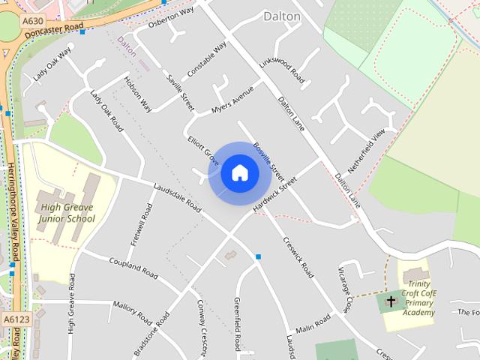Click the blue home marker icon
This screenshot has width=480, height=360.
[240, 173]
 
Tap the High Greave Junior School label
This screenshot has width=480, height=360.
[68, 213]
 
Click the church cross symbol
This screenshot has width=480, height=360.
[391, 301]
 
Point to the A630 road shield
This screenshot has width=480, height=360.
[31, 21]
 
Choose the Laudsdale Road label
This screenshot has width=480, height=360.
[177, 197]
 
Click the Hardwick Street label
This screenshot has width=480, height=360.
[274, 193]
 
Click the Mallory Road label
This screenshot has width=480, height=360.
[133, 310]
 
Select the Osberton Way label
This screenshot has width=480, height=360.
[171, 14]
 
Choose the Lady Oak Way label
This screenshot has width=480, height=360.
[52, 64]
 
